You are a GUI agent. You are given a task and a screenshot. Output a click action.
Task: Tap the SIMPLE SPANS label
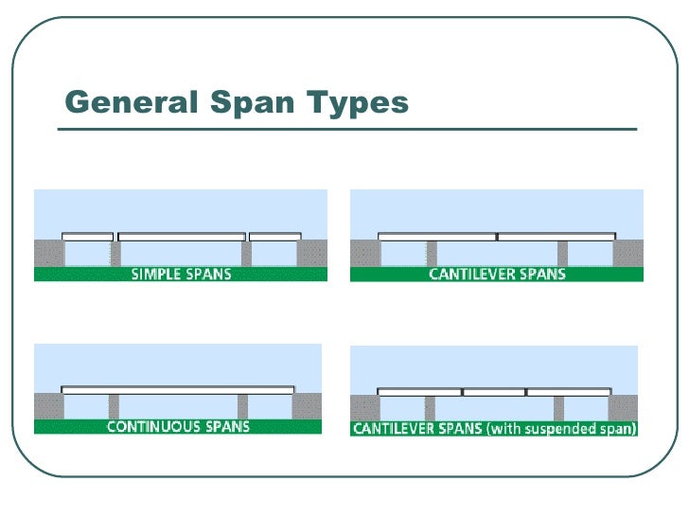pyautogui.click(x=180, y=275)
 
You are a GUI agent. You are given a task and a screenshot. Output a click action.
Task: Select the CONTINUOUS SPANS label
pyautogui.click(x=178, y=426)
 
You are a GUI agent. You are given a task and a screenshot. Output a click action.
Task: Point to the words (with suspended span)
pyautogui.click(x=562, y=428)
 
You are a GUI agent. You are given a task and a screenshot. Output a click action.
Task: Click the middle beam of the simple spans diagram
pyautogui.click(x=180, y=236)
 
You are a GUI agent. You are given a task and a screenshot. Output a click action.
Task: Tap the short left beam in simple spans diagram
pyautogui.click(x=87, y=236)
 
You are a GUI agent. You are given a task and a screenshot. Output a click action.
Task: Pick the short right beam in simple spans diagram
pyautogui.click(x=274, y=236)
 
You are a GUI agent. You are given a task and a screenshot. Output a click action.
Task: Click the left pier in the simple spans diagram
pyautogui.click(x=115, y=253)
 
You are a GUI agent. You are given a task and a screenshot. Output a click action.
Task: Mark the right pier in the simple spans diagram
pyautogui.click(x=246, y=253)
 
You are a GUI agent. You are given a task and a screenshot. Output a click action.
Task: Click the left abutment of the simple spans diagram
pyautogui.click(x=48, y=253)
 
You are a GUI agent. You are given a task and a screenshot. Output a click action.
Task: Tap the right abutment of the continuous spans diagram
pyautogui.click(x=307, y=406)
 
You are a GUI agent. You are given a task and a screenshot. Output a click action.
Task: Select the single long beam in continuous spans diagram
pyautogui.click(x=178, y=389)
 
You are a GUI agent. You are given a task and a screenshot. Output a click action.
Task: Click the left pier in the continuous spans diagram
pyautogui.click(x=114, y=406)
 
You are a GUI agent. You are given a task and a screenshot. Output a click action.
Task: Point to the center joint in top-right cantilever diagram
pyautogui.click(x=497, y=236)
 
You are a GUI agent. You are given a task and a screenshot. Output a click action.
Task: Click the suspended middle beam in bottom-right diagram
pyautogui.click(x=493, y=390)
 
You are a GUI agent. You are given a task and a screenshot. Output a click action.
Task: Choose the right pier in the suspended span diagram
pyautogui.click(x=558, y=407)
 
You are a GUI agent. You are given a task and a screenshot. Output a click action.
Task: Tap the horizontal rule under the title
pyautogui.click(x=347, y=129)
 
